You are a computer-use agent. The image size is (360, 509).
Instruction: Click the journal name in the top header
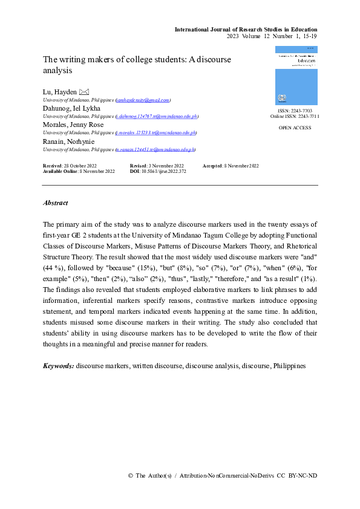pos(246,29)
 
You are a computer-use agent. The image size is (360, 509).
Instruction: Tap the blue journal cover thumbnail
pos(296,75)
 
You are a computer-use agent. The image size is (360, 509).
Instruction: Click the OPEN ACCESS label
pos(296,129)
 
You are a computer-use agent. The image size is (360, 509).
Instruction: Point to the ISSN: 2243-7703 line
pos(295,111)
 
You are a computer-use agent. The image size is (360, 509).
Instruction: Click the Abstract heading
pos(56,203)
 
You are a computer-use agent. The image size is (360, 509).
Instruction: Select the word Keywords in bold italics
pos(58,366)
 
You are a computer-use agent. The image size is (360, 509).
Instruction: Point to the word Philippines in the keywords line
pos(289,366)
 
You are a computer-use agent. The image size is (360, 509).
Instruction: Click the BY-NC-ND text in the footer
pos(304,476)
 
